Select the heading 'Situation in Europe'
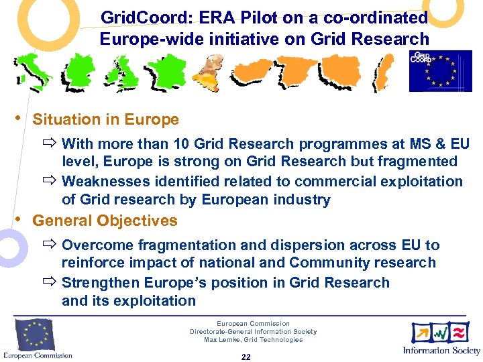[x=105, y=120]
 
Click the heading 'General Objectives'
[x=105, y=221]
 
